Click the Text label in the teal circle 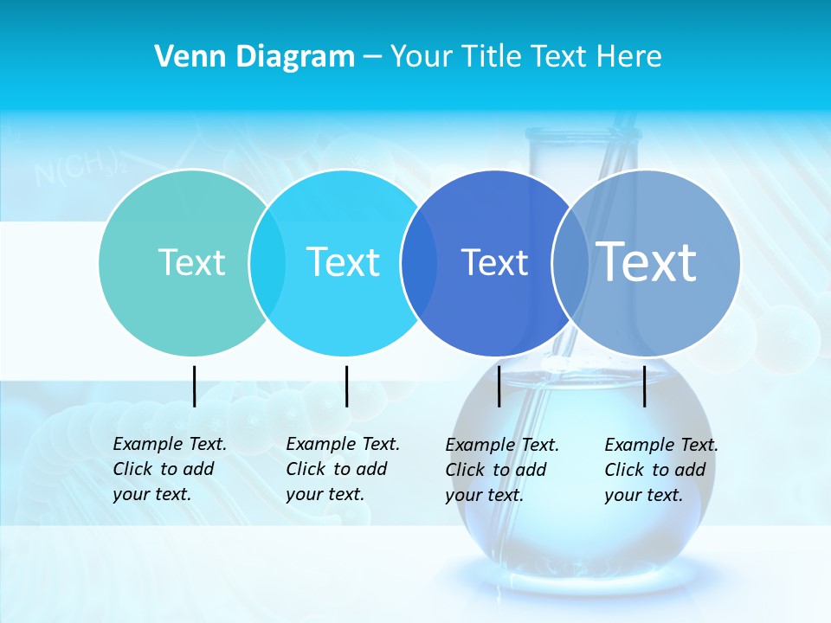[191, 262]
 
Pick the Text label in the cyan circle [343, 262]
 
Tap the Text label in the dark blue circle [494, 262]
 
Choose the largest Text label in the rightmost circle [647, 261]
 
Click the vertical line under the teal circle [195, 386]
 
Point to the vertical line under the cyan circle [346, 386]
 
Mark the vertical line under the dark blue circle [499, 386]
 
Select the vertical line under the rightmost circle [645, 386]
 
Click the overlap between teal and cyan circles [267, 262]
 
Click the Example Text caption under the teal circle [169, 469]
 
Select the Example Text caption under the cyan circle [342, 469]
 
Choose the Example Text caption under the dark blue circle [501, 470]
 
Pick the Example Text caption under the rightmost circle [660, 470]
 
